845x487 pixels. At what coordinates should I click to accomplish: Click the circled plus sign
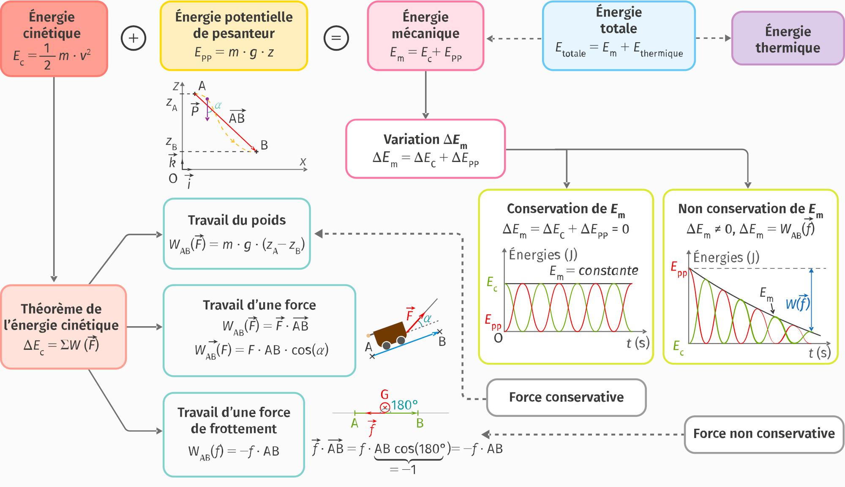[134, 38]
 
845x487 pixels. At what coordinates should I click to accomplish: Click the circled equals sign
[336, 38]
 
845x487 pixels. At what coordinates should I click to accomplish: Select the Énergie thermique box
[788, 39]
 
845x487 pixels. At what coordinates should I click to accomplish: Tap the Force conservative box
[566, 397]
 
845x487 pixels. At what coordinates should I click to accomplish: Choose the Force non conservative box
[764, 434]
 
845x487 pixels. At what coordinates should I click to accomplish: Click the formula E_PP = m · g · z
[234, 53]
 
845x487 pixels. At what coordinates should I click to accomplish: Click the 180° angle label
[404, 405]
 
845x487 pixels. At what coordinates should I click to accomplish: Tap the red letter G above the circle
[384, 395]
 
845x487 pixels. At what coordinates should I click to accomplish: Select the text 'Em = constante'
[594, 271]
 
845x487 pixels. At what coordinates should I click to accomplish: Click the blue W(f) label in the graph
[798, 303]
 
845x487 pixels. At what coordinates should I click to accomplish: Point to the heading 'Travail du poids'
[237, 220]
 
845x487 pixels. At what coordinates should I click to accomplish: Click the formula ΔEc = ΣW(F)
[61, 345]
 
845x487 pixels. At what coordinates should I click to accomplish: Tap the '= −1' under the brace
[403, 470]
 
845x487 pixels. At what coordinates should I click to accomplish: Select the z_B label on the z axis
[171, 143]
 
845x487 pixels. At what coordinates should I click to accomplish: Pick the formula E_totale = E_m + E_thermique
[619, 49]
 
